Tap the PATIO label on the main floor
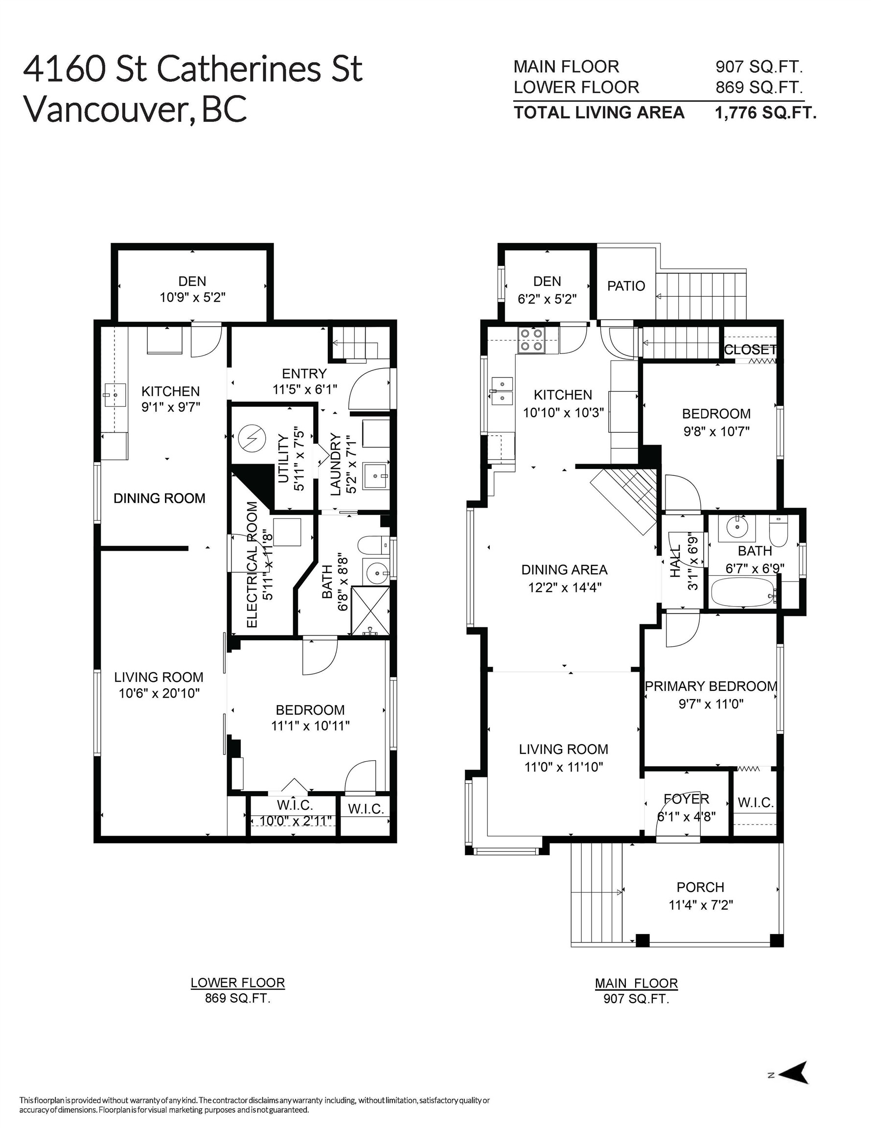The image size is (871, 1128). coord(626,285)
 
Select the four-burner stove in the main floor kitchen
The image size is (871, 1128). coord(531,340)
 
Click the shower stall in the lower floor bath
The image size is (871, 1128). coord(369,610)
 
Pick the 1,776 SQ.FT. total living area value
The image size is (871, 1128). coord(765,113)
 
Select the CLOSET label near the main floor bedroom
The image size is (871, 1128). coord(750,350)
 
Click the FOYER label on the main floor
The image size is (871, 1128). coord(686,799)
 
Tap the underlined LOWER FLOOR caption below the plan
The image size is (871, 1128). coord(237,983)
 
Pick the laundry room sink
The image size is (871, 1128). coord(375,476)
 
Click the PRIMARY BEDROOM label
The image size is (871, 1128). coord(711,686)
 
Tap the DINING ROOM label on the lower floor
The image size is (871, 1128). coord(159,498)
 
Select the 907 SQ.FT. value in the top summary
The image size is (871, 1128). coord(758,67)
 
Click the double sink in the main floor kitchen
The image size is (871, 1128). coord(502,391)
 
